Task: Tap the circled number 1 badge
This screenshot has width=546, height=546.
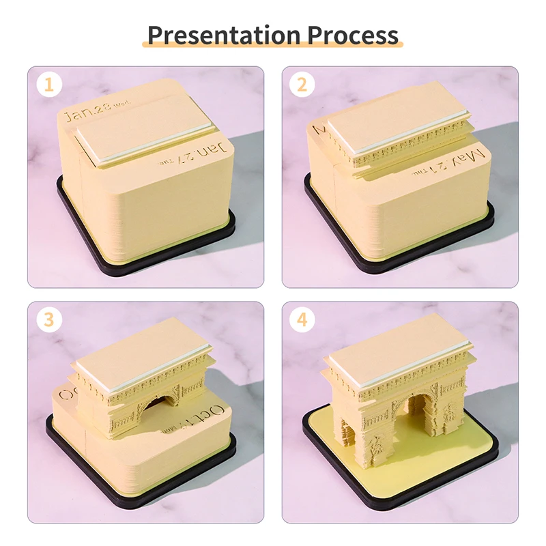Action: pos(48,85)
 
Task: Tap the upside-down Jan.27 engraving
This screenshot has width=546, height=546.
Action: pos(205,153)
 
